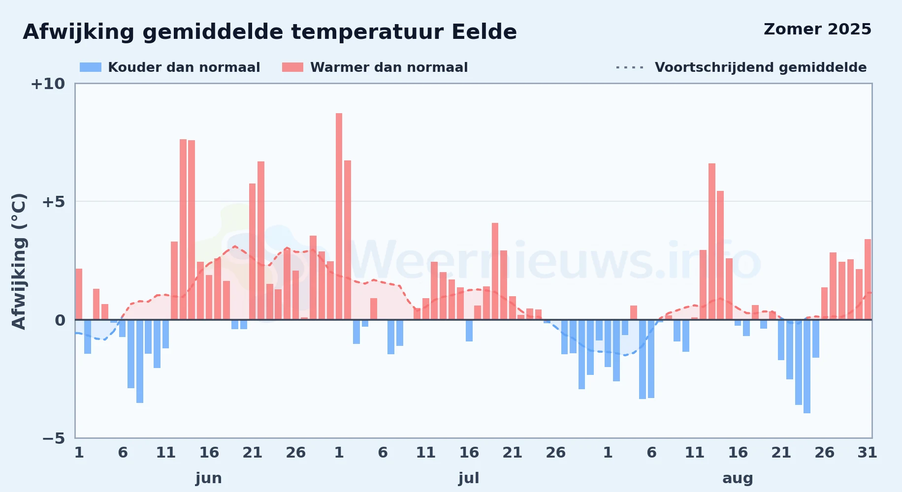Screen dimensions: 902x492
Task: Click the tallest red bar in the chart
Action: [339, 216]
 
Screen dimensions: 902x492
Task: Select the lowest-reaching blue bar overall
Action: [807, 367]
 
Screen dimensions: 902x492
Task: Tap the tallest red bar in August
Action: [712, 242]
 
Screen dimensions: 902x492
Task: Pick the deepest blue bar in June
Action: [140, 361]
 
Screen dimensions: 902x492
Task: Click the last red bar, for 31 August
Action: [868, 279]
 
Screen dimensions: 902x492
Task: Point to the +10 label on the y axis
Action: [48, 84]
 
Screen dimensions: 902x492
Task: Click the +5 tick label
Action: [53, 202]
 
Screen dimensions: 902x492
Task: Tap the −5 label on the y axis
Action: [54, 438]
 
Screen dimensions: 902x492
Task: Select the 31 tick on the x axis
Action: [868, 453]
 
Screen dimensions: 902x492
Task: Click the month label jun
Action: [209, 478]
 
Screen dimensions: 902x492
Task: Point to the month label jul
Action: [469, 478]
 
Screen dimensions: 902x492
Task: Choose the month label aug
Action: [738, 478]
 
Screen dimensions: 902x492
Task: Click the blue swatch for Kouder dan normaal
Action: [91, 67]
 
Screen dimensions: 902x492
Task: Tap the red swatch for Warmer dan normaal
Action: [292, 67]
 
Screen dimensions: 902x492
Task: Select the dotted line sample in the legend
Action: [630, 67]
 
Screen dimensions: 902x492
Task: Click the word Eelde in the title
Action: [484, 32]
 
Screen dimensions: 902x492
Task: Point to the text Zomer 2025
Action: [817, 29]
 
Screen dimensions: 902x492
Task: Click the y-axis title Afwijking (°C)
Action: [19, 261]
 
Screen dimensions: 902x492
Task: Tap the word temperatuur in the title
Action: [367, 32]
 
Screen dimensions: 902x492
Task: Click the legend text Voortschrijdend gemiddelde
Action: [761, 67]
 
